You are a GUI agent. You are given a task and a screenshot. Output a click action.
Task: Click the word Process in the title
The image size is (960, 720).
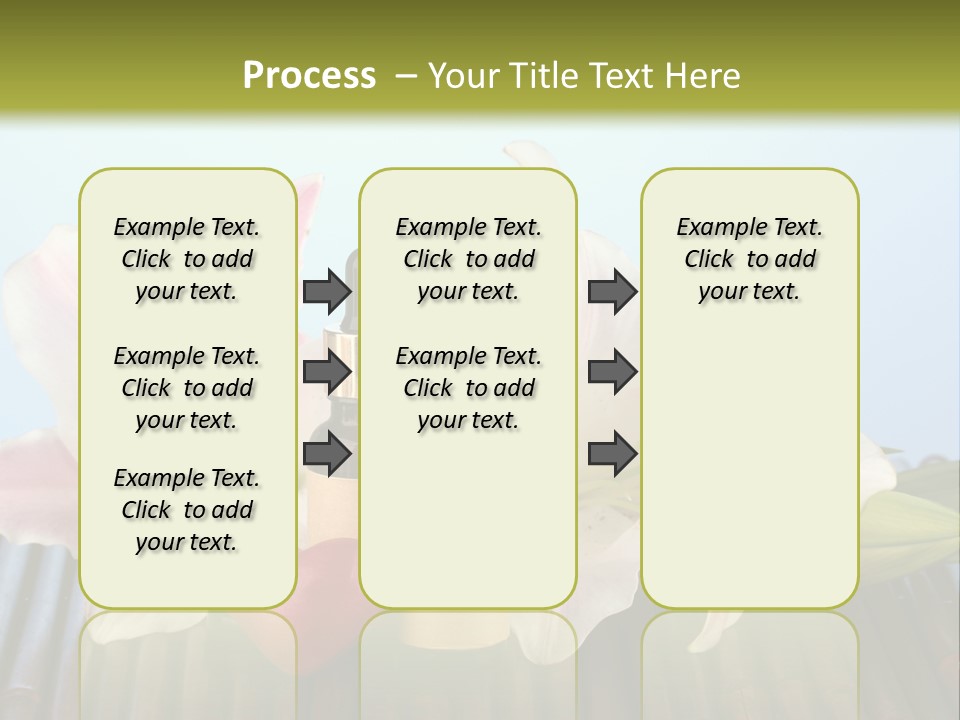click(x=309, y=76)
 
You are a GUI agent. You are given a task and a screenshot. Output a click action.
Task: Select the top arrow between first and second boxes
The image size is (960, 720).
click(x=327, y=292)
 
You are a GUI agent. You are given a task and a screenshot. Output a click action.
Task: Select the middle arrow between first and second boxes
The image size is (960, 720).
click(x=327, y=372)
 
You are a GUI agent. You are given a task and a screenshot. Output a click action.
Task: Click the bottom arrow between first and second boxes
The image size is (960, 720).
click(x=327, y=454)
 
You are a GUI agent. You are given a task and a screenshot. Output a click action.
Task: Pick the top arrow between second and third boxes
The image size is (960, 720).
click(x=612, y=292)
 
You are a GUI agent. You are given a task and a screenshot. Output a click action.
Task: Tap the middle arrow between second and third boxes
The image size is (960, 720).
click(x=612, y=372)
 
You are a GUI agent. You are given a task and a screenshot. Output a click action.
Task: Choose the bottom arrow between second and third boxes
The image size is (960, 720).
click(x=612, y=454)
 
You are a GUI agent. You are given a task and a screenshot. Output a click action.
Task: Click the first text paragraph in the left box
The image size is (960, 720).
click(x=187, y=259)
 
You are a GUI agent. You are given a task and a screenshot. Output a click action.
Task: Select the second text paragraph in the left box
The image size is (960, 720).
click(x=187, y=388)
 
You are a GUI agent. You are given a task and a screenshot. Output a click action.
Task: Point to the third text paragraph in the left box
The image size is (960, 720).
click(x=187, y=510)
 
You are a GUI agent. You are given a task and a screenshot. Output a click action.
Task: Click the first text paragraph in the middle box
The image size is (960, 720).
click(x=468, y=259)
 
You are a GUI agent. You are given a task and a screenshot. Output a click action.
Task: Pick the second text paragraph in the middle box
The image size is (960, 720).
click(x=468, y=388)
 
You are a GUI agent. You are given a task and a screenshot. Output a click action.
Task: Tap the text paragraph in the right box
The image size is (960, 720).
click(x=749, y=259)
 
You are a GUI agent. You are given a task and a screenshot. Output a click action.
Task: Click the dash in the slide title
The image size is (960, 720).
click(x=406, y=76)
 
